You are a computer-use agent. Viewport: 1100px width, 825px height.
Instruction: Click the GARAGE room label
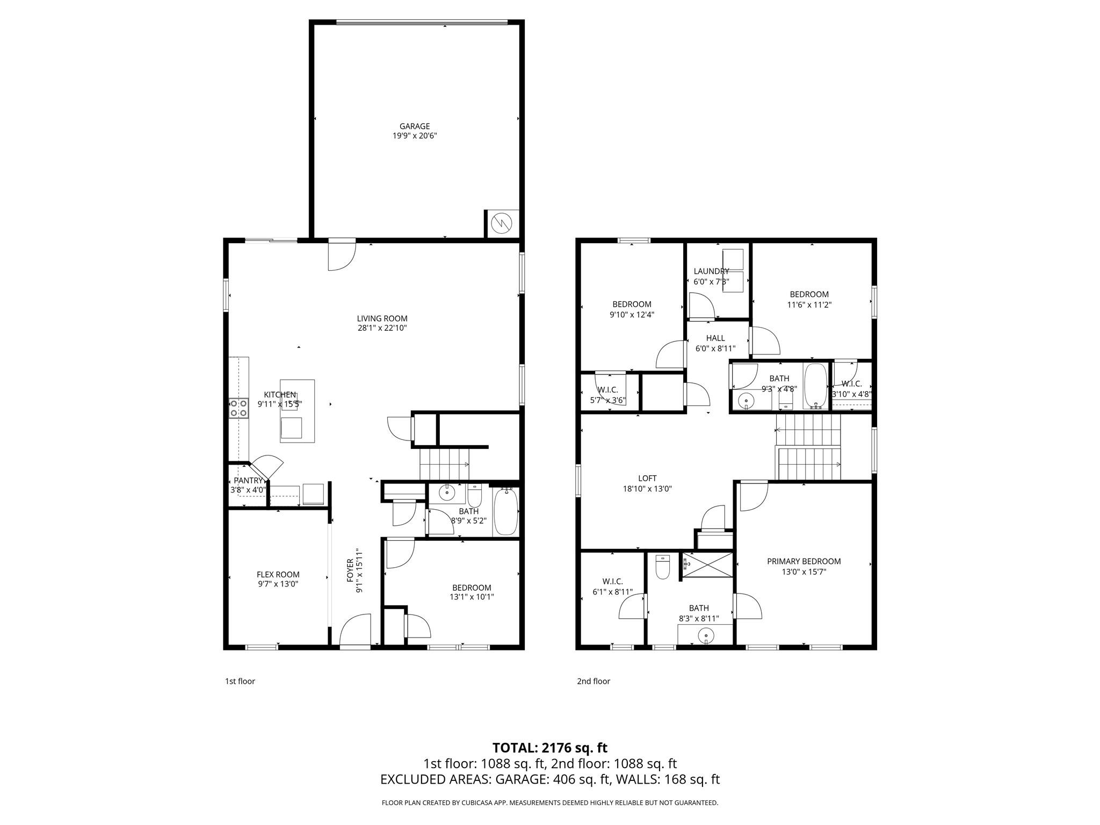click(x=414, y=127)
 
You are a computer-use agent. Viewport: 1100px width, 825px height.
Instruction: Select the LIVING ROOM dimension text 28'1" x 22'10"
click(x=382, y=328)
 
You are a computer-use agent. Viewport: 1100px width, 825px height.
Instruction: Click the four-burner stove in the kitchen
click(x=239, y=408)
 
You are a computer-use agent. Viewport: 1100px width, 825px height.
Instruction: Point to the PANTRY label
click(x=248, y=481)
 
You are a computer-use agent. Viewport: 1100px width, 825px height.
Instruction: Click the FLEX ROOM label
click(x=278, y=574)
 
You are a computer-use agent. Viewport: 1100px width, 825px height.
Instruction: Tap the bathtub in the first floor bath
click(x=505, y=511)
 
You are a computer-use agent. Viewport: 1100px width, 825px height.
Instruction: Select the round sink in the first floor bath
click(x=447, y=491)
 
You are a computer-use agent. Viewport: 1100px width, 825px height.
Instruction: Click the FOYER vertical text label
click(x=350, y=571)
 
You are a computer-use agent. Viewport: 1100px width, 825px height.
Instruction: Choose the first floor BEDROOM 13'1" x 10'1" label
click(x=471, y=588)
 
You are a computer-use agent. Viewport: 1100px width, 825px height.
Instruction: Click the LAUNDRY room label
click(x=711, y=271)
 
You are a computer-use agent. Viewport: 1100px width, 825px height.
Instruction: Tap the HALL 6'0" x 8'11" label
click(x=715, y=338)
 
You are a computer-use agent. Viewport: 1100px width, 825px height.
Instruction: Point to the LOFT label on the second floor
click(x=647, y=479)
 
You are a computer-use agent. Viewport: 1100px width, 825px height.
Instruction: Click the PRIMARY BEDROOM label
click(x=804, y=561)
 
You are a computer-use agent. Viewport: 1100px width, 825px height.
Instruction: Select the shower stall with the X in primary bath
click(x=707, y=565)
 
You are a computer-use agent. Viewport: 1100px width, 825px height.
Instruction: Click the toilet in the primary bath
click(x=663, y=568)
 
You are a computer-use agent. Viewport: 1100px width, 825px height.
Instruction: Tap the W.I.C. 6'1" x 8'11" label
click(x=612, y=582)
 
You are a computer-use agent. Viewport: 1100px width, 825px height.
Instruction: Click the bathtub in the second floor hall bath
click(x=816, y=386)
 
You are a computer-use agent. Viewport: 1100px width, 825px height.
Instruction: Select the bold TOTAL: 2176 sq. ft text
click(x=549, y=748)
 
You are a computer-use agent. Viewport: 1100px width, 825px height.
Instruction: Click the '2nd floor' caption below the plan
click(x=593, y=681)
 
